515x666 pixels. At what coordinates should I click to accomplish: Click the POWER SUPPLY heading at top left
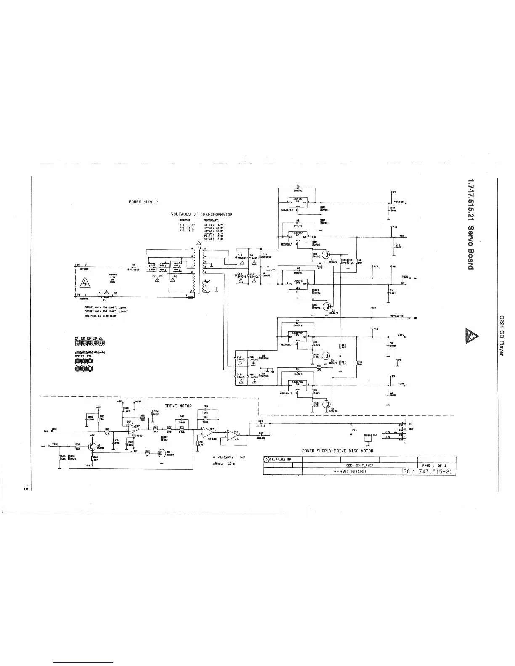[x=143, y=202]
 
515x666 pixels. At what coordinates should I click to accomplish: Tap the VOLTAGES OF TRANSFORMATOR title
[x=202, y=214]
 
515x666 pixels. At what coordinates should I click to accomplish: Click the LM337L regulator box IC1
[x=297, y=283]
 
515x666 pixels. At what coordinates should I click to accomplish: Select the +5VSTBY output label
[x=399, y=201]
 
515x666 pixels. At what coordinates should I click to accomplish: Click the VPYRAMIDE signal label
[x=397, y=316]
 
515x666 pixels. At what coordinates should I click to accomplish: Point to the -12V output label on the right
[x=401, y=384]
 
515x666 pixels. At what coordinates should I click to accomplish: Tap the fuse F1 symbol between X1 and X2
[x=105, y=297]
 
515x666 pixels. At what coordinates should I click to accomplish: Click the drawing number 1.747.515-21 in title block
[x=433, y=471]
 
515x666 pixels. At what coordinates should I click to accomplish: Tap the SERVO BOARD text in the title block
[x=350, y=471]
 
